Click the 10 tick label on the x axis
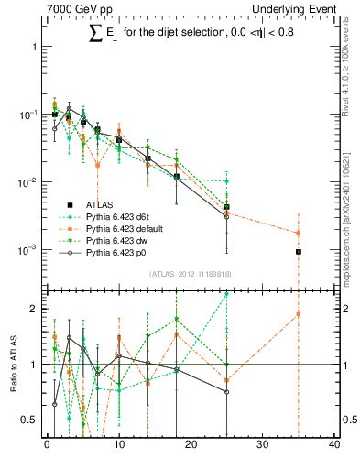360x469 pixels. pos(118,446)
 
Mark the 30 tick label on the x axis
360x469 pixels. pos(262,446)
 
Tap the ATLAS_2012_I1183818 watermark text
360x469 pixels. pos(191,274)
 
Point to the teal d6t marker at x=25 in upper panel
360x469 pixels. pos(226,181)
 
